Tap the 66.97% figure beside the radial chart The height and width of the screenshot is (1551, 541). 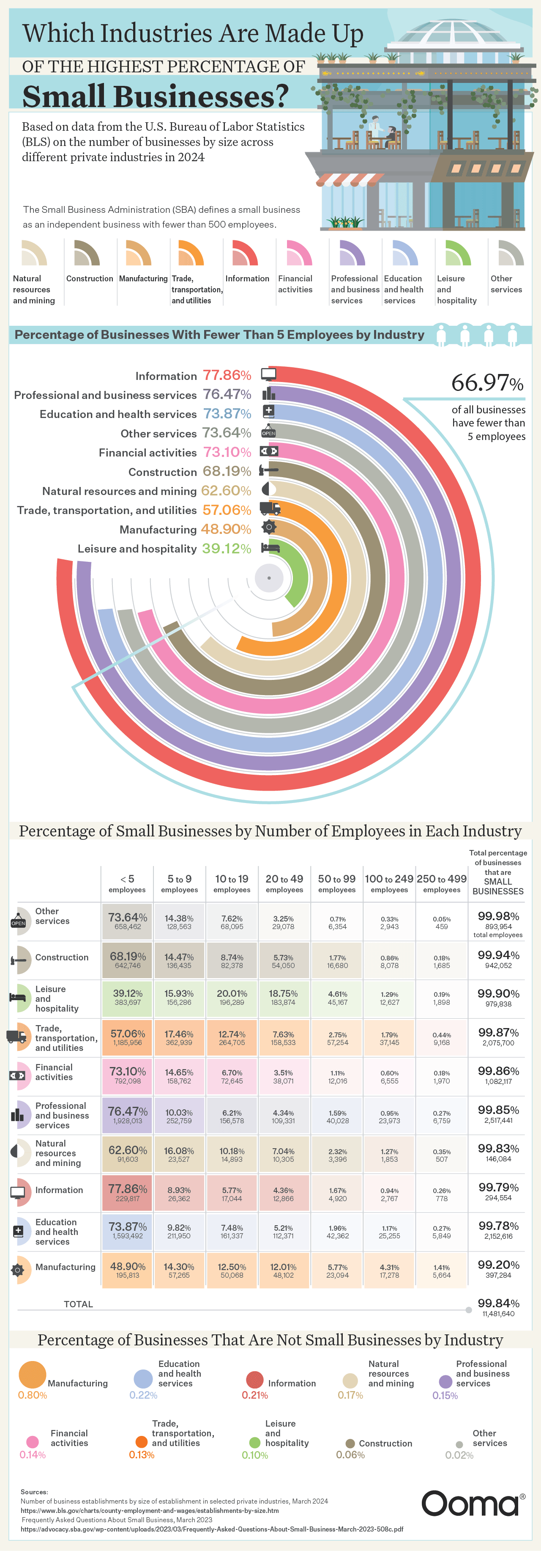click(x=487, y=383)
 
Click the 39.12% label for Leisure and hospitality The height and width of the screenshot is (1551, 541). click(x=226, y=548)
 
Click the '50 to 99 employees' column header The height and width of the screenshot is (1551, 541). click(x=336, y=883)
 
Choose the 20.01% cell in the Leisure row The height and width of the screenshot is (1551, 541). click(x=232, y=998)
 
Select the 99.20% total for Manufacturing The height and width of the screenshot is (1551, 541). click(x=498, y=1265)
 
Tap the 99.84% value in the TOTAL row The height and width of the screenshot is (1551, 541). click(x=498, y=1303)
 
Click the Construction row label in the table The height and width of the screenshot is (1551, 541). click(x=61, y=957)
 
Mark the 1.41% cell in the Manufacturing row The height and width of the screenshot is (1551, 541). click(x=442, y=1268)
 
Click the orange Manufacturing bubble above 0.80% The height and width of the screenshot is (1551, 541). click(x=33, y=1375)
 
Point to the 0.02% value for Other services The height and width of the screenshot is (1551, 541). click(x=459, y=1455)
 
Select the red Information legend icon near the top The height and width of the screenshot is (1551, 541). click(x=244, y=253)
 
